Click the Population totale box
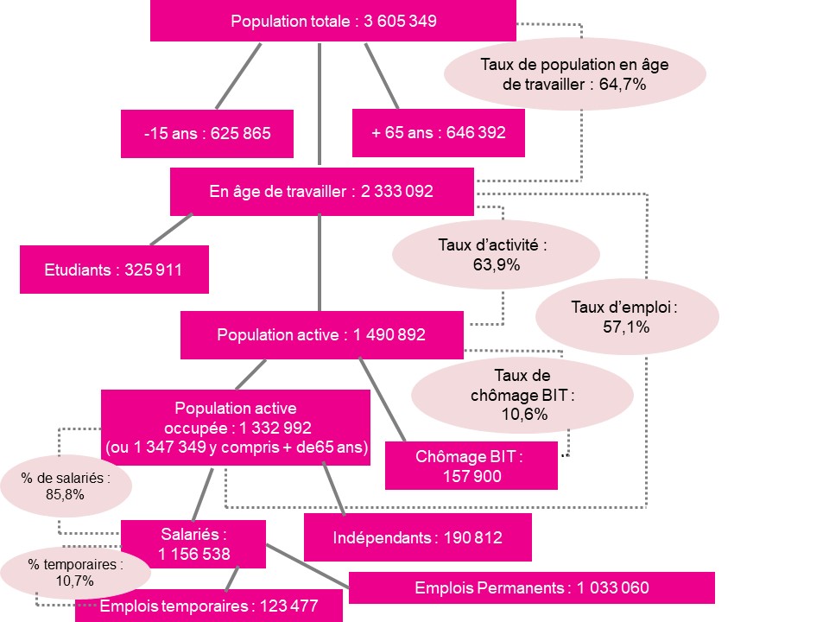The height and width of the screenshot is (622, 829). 333,21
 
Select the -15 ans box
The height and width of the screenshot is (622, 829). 207,133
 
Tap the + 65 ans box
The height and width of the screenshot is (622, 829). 439,133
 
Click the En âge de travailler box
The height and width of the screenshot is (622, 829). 321,192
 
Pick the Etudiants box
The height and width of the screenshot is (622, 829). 114,270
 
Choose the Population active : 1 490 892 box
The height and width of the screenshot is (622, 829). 322,335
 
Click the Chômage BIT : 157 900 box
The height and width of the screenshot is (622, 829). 471,466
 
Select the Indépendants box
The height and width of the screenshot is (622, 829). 418,537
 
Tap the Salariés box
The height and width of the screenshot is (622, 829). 193,543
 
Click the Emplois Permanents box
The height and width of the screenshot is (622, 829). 532,587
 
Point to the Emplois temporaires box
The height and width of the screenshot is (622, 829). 209,606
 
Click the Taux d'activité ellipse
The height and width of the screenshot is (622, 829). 496,254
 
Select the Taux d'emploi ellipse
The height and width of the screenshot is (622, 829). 627,317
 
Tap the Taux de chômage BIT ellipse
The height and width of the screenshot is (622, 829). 522,395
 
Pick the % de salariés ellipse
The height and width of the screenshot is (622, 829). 66,486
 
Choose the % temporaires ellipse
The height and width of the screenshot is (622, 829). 76,573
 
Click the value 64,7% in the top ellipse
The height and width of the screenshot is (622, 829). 623,85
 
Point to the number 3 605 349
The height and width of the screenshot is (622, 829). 400,21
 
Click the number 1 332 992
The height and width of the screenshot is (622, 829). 275,428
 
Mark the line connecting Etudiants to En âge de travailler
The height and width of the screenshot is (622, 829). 171,230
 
